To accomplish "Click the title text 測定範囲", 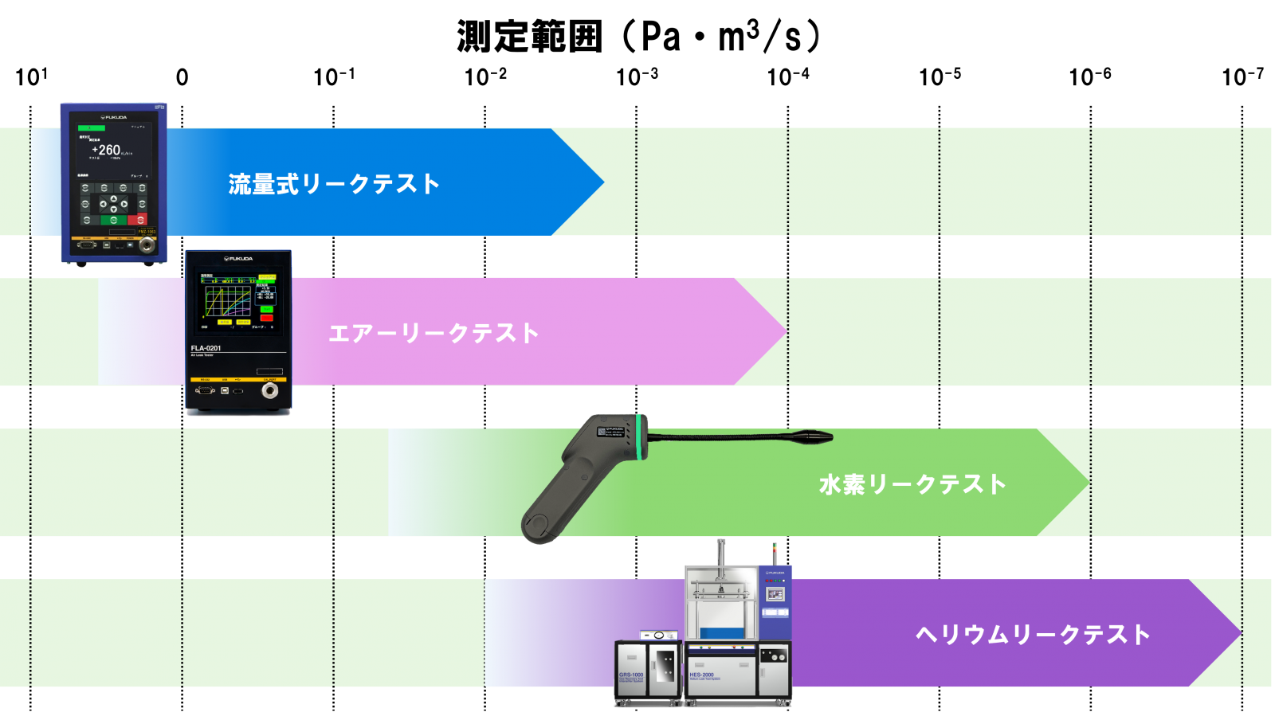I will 528,37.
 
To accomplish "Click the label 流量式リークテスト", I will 334,184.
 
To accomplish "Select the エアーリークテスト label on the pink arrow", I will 433,333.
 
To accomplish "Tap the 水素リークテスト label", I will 912,484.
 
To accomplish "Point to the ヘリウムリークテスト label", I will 1033,634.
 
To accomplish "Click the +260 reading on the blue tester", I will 106,150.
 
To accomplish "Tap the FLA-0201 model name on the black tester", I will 206,348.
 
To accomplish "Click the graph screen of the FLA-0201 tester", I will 228,302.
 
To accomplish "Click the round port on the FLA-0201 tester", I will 270,391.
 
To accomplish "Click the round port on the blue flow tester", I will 147,245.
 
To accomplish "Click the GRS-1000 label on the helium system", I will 631,675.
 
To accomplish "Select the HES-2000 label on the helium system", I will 702,675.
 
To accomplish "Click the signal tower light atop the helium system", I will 774,552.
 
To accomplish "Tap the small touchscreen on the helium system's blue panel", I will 775,594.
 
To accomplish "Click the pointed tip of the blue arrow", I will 602,182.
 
